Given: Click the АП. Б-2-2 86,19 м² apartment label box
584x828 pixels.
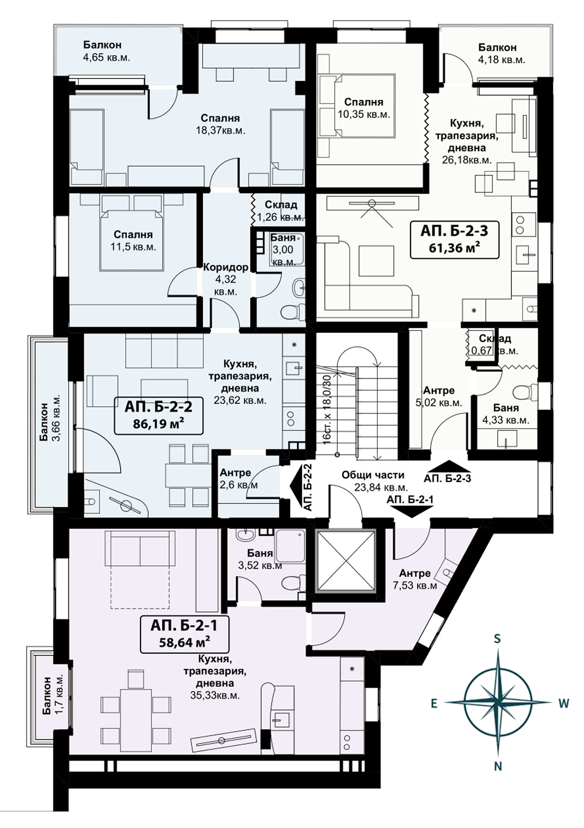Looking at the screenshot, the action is (x=159, y=416).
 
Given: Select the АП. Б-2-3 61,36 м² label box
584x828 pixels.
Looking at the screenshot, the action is (x=454, y=239).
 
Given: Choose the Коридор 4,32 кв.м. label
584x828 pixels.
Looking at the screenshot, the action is (x=225, y=279).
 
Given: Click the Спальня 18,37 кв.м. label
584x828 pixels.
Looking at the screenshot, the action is (x=220, y=124).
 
